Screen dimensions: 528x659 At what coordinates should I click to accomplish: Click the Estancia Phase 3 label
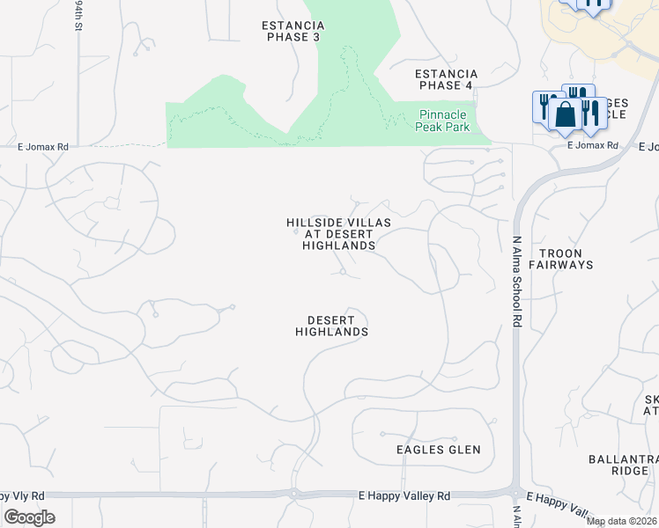(x=292, y=31)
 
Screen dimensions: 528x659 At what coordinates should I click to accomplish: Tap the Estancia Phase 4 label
(x=448, y=79)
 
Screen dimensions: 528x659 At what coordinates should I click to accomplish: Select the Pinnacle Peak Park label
(x=447, y=121)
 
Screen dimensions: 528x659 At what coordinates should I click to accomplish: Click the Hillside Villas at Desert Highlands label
(x=339, y=234)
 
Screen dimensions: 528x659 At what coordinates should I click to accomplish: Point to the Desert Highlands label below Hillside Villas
(x=331, y=326)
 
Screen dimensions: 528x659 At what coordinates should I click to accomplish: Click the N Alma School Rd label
(x=517, y=282)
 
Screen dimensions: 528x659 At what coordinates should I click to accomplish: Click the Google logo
(x=29, y=517)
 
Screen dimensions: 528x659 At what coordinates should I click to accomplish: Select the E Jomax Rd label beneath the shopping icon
(x=592, y=145)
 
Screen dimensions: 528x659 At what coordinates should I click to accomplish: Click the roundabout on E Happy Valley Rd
(x=293, y=494)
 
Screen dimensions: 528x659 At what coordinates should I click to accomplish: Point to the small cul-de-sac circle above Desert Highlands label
(x=344, y=273)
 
